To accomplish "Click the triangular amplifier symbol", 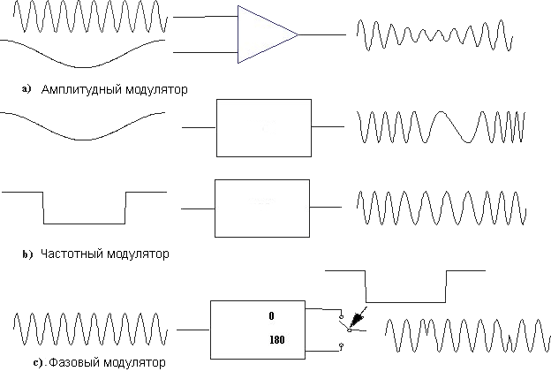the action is click(x=268, y=34).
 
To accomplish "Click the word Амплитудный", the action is click(x=81, y=89).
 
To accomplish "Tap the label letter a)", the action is click(x=26, y=88).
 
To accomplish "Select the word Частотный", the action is click(x=72, y=254).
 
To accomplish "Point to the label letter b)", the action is click(x=27, y=254).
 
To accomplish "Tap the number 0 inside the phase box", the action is click(x=271, y=315).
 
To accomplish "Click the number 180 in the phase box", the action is click(x=277, y=339).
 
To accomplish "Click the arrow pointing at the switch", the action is click(x=359, y=316).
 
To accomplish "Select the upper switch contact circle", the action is click(x=341, y=317).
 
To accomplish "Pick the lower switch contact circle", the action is click(x=341, y=345).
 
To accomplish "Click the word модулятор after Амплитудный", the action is click(x=156, y=89).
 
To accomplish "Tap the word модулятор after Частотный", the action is click(x=138, y=254).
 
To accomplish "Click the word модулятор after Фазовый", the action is click(x=134, y=362).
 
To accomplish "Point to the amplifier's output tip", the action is click(x=298, y=34).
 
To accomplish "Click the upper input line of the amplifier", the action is click(x=206, y=17).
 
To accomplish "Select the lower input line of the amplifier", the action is click(x=206, y=52).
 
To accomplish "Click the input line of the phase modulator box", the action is click(x=192, y=330).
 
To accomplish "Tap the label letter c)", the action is click(x=38, y=362).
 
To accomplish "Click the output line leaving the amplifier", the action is click(x=322, y=34).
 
